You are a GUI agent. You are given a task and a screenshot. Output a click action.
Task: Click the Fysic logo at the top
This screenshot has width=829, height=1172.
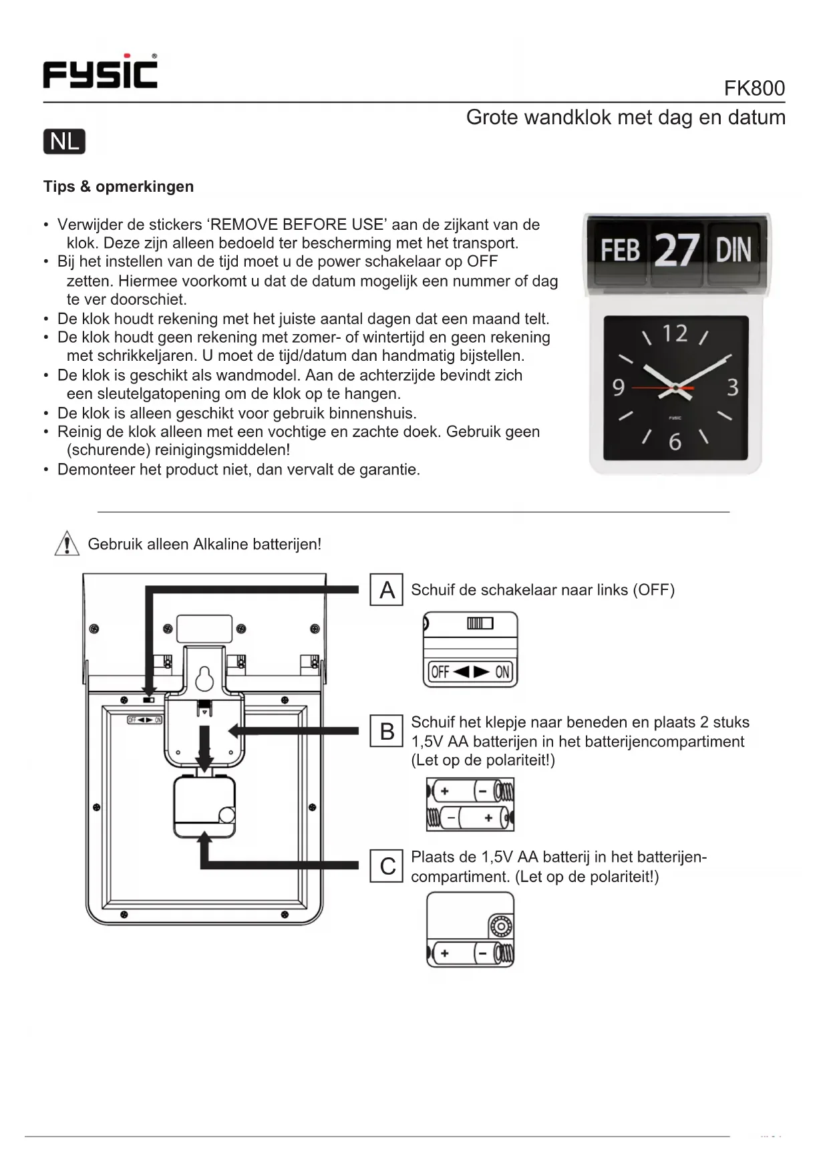pos(100,71)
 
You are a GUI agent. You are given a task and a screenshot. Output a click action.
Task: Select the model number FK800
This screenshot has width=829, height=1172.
pos(754,88)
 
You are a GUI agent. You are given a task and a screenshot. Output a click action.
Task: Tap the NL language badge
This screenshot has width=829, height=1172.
pos(64,142)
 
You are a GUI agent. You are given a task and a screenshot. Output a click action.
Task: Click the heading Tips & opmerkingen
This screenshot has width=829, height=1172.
pos(118,186)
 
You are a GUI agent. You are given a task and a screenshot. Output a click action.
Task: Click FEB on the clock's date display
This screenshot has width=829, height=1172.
pos(619,251)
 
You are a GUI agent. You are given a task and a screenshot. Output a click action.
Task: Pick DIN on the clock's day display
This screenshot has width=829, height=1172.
pos(733,251)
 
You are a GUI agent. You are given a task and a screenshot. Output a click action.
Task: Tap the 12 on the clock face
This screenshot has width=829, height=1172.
pos(675,333)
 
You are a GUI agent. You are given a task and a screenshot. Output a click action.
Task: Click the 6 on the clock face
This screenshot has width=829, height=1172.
pos(675,442)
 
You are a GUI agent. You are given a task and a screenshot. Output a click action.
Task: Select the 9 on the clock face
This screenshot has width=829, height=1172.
pos(619,388)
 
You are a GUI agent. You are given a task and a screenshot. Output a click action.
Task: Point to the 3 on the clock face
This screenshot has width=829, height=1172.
pos(733,388)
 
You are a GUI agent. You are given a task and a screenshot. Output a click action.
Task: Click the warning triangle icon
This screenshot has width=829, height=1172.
pos(66,543)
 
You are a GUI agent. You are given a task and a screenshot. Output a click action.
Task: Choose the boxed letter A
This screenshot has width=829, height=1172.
pos(387,590)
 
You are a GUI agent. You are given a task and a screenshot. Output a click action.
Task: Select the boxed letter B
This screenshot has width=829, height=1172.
pos(387,731)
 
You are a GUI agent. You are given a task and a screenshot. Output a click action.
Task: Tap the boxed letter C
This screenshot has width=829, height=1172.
pos(387,866)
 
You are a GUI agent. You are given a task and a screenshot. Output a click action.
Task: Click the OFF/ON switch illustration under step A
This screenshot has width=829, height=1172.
pos(470,649)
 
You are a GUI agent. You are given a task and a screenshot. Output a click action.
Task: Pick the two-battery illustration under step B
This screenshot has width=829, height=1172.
pos(470,804)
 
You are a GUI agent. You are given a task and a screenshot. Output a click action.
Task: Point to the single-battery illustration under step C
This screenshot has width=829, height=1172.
pos(470,930)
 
